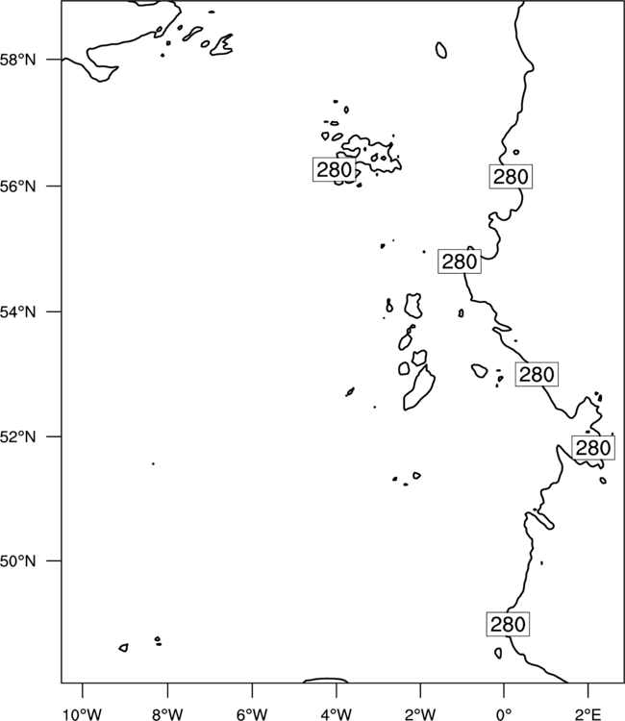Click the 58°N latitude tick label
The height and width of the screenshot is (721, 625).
tap(18, 60)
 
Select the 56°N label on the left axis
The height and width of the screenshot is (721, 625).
tap(18, 186)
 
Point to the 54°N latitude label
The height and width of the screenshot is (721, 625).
tap(18, 312)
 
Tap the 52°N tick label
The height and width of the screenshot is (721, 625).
tap(18, 436)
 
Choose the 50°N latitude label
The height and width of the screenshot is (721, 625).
tap(18, 561)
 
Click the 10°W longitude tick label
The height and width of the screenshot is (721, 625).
tap(83, 714)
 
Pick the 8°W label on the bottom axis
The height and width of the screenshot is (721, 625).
tap(167, 714)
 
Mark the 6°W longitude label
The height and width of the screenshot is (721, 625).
tap(252, 714)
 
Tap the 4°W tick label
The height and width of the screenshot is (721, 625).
tap(337, 714)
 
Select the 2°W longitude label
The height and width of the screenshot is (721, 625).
tap(420, 714)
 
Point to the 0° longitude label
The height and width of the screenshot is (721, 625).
tap(504, 714)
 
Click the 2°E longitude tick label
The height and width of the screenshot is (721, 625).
tap(588, 714)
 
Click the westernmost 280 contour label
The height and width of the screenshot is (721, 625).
tap(335, 169)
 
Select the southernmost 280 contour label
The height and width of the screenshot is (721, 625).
tap(508, 624)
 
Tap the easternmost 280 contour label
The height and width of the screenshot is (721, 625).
tap(593, 447)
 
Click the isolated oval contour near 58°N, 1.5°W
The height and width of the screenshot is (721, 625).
tap(440, 50)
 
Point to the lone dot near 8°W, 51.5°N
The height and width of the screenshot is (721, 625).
tap(153, 463)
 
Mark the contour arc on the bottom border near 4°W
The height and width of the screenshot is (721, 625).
tap(326, 680)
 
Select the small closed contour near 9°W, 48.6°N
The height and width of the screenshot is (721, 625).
tap(123, 647)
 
